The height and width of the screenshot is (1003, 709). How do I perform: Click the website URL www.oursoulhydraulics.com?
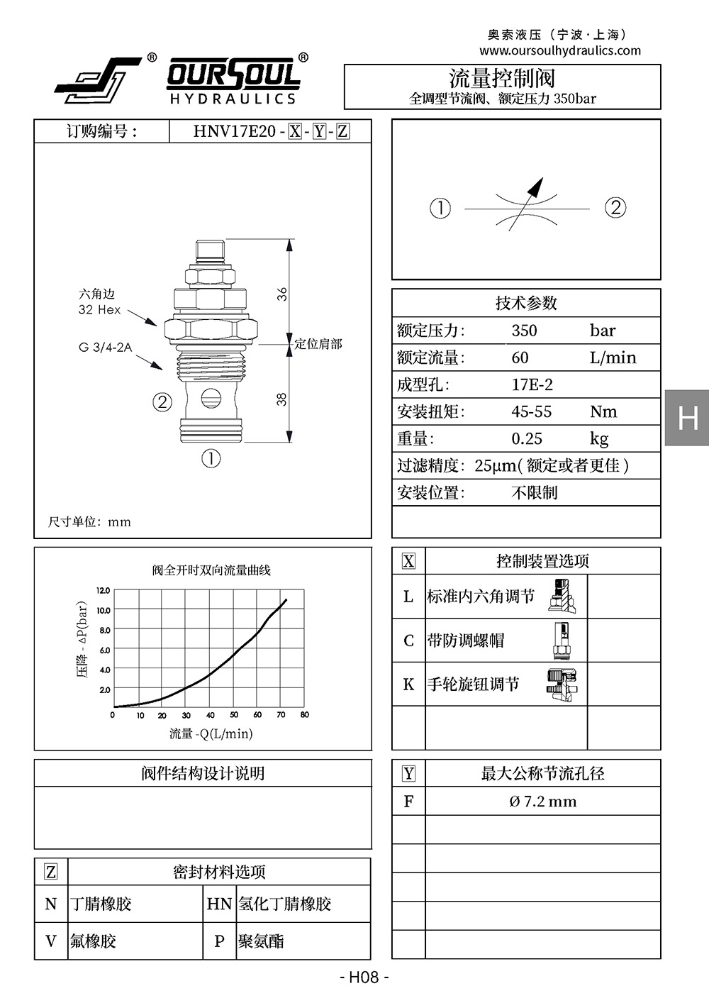[560, 50]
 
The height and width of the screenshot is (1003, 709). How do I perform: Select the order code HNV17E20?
[235, 131]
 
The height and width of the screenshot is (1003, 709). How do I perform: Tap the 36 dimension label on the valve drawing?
[281, 294]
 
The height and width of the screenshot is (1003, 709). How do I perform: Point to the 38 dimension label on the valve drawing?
[281, 399]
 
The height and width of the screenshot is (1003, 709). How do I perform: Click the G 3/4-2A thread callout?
[105, 348]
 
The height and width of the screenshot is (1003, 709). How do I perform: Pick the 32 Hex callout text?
[99, 310]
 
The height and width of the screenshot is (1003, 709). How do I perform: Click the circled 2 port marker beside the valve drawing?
[162, 402]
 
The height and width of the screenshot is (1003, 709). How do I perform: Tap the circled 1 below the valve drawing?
[211, 458]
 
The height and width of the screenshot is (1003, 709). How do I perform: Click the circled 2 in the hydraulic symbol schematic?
[615, 209]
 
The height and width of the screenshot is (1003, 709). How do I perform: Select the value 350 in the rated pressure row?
[524, 331]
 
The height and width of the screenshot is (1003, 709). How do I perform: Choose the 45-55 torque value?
[531, 412]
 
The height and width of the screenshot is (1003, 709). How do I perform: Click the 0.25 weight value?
[527, 439]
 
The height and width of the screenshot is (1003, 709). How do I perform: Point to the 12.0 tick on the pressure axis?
[104, 591]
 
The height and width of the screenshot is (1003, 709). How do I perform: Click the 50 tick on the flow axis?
[234, 715]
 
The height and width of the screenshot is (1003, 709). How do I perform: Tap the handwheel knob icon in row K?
[562, 685]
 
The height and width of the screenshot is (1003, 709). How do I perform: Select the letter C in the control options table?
[408, 641]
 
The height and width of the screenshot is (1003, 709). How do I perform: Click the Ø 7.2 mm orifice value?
[543, 801]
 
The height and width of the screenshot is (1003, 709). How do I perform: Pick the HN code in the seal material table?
[219, 904]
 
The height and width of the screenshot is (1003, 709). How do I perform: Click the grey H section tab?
[687, 418]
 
